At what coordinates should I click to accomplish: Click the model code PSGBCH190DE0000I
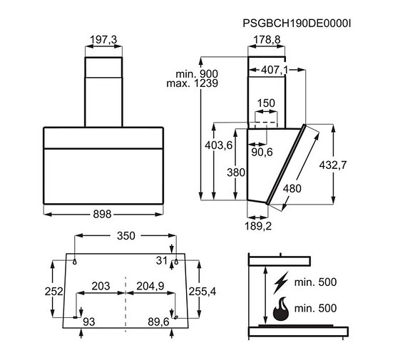pyautogui.click(x=297, y=24)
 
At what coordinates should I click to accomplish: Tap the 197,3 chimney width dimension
pyautogui.click(x=103, y=40)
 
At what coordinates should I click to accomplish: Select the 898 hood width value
pyautogui.click(x=102, y=215)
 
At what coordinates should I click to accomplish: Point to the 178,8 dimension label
pyautogui.click(x=267, y=40)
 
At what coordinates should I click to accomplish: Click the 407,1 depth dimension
pyautogui.click(x=275, y=70)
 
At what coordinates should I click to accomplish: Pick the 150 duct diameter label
pyautogui.click(x=266, y=103)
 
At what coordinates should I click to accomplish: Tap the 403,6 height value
pyautogui.click(x=219, y=145)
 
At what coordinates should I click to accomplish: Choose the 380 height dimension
pyautogui.click(x=236, y=173)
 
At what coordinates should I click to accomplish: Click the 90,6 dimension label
pyautogui.click(x=262, y=152)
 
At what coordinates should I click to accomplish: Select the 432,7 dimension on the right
pyautogui.click(x=333, y=165)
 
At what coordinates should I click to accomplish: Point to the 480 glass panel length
pyautogui.click(x=292, y=188)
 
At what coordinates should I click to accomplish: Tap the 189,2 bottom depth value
pyautogui.click(x=258, y=226)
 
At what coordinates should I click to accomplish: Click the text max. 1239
pyautogui.click(x=193, y=83)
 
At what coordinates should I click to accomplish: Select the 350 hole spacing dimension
pyautogui.click(x=126, y=236)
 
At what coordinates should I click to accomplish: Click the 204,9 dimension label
pyautogui.click(x=150, y=286)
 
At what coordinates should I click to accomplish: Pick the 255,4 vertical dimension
pyautogui.click(x=203, y=292)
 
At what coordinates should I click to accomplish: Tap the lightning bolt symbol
pyautogui.click(x=281, y=282)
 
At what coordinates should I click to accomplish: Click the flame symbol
pyautogui.click(x=281, y=309)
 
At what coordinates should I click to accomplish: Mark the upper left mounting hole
pyautogui.click(x=75, y=262)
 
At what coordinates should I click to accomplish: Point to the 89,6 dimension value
pyautogui.click(x=158, y=322)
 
